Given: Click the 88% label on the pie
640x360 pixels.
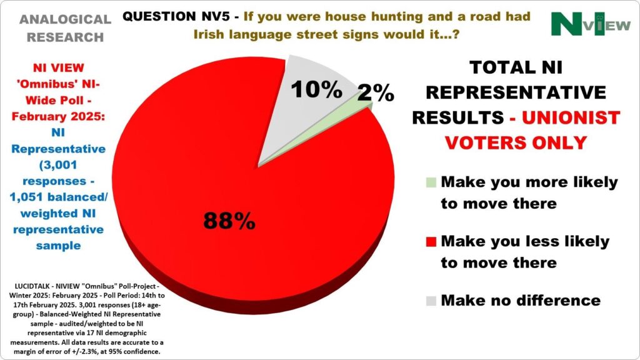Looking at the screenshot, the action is (229, 221).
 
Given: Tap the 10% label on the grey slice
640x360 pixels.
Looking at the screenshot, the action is (316, 89).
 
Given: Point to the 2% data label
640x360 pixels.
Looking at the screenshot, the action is (376, 92).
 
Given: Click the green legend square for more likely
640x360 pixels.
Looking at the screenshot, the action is (431, 182).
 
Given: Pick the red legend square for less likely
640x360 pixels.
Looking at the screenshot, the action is (431, 242).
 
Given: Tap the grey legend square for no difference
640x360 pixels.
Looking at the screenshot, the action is (431, 301).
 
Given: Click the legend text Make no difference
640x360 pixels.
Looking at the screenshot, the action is (521, 301).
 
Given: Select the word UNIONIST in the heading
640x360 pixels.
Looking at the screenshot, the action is (571, 117).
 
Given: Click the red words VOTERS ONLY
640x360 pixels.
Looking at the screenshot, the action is (516, 143).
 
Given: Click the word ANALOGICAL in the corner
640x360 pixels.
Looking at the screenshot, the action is (65, 19).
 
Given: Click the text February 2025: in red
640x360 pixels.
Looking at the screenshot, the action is (58, 117).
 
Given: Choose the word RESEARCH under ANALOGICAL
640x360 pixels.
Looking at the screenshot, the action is (65, 37).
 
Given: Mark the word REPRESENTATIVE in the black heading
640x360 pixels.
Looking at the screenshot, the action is (516, 92).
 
